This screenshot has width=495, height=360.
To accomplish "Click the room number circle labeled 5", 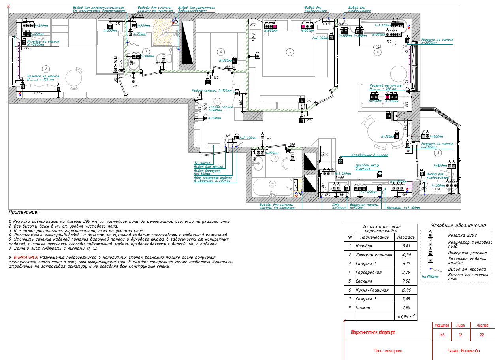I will point(290,52).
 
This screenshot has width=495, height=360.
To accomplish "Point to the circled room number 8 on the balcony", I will point(437,152).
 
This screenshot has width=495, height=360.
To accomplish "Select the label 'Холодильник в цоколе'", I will point(369,155).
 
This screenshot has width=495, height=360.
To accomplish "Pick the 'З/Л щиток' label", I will point(202,162).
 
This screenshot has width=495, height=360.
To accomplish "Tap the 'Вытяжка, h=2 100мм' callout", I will point(405,208).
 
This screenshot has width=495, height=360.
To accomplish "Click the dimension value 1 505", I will point(38,93).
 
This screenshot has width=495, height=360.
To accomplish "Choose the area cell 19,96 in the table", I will point(405,290).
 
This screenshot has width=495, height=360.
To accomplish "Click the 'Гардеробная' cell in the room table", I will point(369,273).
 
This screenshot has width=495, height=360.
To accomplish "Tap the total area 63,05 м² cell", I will point(405,317).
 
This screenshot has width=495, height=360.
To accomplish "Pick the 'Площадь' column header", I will point(405,237).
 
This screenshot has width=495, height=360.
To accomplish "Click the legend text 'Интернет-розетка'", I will point(467,253).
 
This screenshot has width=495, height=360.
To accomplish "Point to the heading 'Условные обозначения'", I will point(458,226).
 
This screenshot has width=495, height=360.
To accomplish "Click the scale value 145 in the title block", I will point(442,335).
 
